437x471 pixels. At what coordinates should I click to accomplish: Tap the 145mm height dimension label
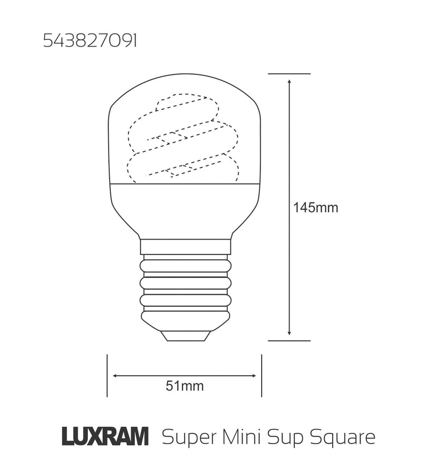point(316,208)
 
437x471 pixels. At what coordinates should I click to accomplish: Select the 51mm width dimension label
point(185,386)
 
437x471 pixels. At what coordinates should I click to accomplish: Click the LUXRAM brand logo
point(104,438)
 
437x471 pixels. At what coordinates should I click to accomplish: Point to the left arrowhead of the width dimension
point(116,376)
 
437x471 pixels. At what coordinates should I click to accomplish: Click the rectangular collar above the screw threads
point(185,246)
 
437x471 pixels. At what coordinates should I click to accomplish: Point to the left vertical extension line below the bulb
point(107,376)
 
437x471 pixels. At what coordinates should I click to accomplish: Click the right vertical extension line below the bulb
point(262,376)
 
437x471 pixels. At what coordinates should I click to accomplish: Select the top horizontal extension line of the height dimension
point(290,73)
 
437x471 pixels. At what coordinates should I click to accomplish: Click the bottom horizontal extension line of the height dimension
point(290,340)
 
